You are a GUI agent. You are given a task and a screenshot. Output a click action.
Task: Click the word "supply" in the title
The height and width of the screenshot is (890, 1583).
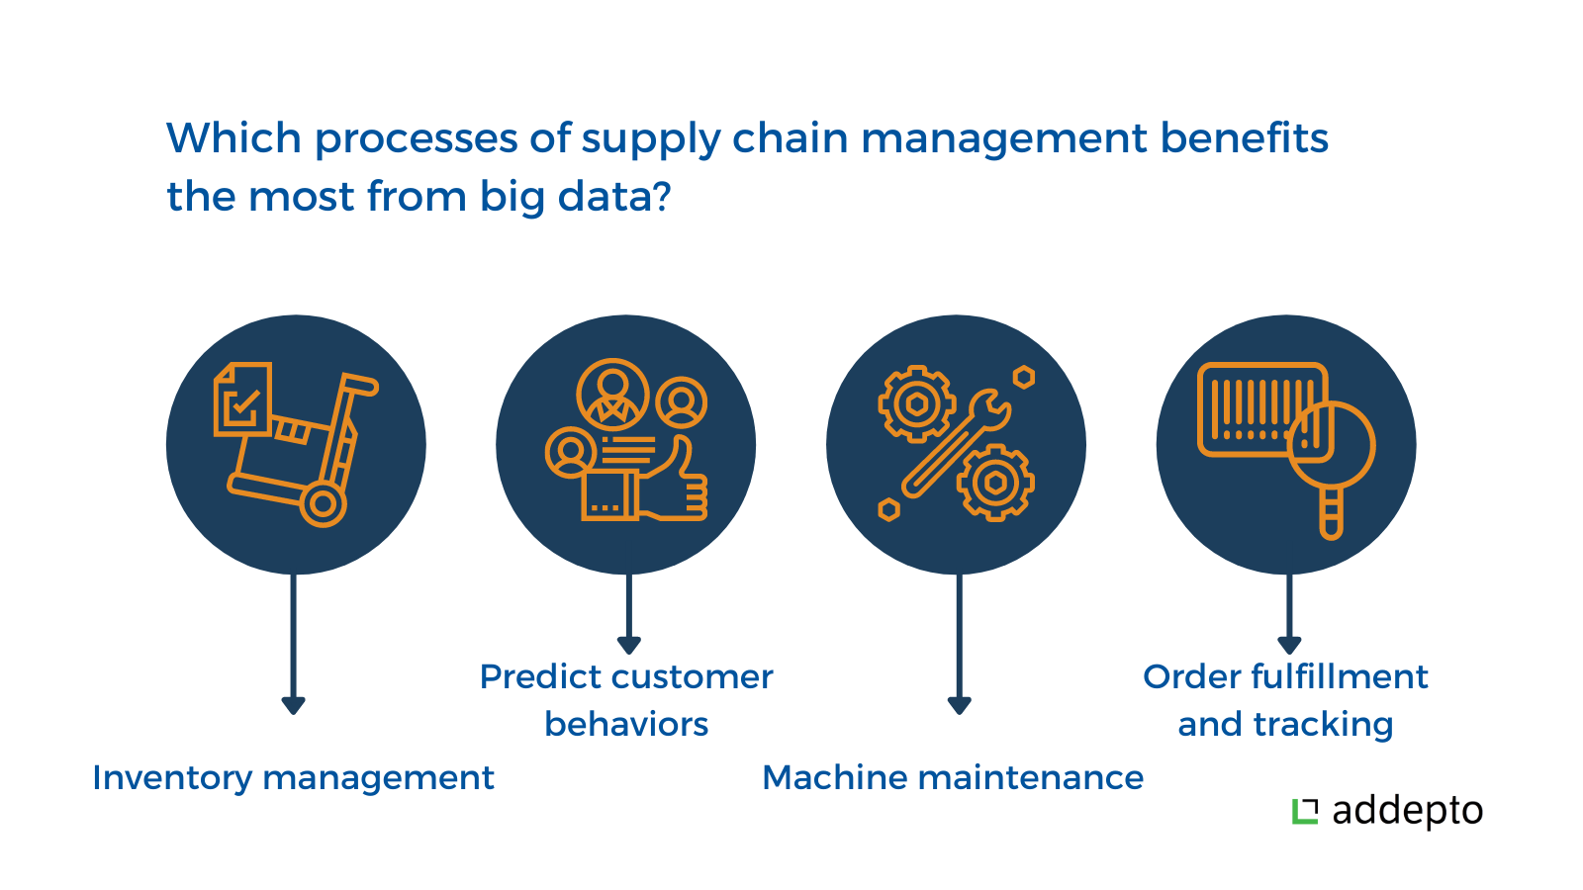(x=650, y=139)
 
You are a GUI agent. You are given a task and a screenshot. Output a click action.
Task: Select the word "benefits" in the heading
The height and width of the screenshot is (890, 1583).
(x=1244, y=137)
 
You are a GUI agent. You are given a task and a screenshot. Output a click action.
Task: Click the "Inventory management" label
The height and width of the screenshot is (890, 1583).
(x=293, y=777)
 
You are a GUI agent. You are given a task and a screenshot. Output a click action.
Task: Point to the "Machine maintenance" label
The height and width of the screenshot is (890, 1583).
(x=953, y=777)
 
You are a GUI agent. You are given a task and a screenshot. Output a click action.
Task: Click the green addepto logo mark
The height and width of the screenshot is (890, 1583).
(x=1305, y=811)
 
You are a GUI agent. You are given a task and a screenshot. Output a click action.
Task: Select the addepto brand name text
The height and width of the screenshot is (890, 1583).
(x=1407, y=812)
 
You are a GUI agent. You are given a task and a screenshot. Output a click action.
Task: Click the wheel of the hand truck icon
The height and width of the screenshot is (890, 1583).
(x=323, y=504)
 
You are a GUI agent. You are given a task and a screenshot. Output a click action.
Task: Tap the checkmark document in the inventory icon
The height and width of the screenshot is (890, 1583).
(x=242, y=400)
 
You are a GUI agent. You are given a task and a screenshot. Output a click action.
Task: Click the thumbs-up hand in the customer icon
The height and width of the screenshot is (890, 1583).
(x=673, y=481)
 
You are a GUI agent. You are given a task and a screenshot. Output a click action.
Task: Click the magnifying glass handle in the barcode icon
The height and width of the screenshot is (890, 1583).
(x=1332, y=513)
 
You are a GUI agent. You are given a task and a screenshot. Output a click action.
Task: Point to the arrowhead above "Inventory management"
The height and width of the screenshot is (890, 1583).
(x=293, y=706)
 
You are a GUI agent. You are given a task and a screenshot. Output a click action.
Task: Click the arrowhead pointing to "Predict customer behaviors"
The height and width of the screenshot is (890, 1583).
(x=628, y=645)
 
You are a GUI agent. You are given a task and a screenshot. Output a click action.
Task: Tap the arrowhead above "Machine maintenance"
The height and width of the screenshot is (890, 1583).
(x=959, y=706)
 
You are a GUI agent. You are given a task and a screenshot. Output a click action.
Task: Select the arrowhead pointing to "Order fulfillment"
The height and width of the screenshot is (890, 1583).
(x=1289, y=645)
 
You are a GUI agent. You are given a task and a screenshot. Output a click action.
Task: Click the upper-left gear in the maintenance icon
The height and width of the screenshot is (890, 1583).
(x=916, y=404)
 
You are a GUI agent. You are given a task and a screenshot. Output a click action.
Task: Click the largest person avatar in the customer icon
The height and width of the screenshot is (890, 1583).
(x=612, y=395)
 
